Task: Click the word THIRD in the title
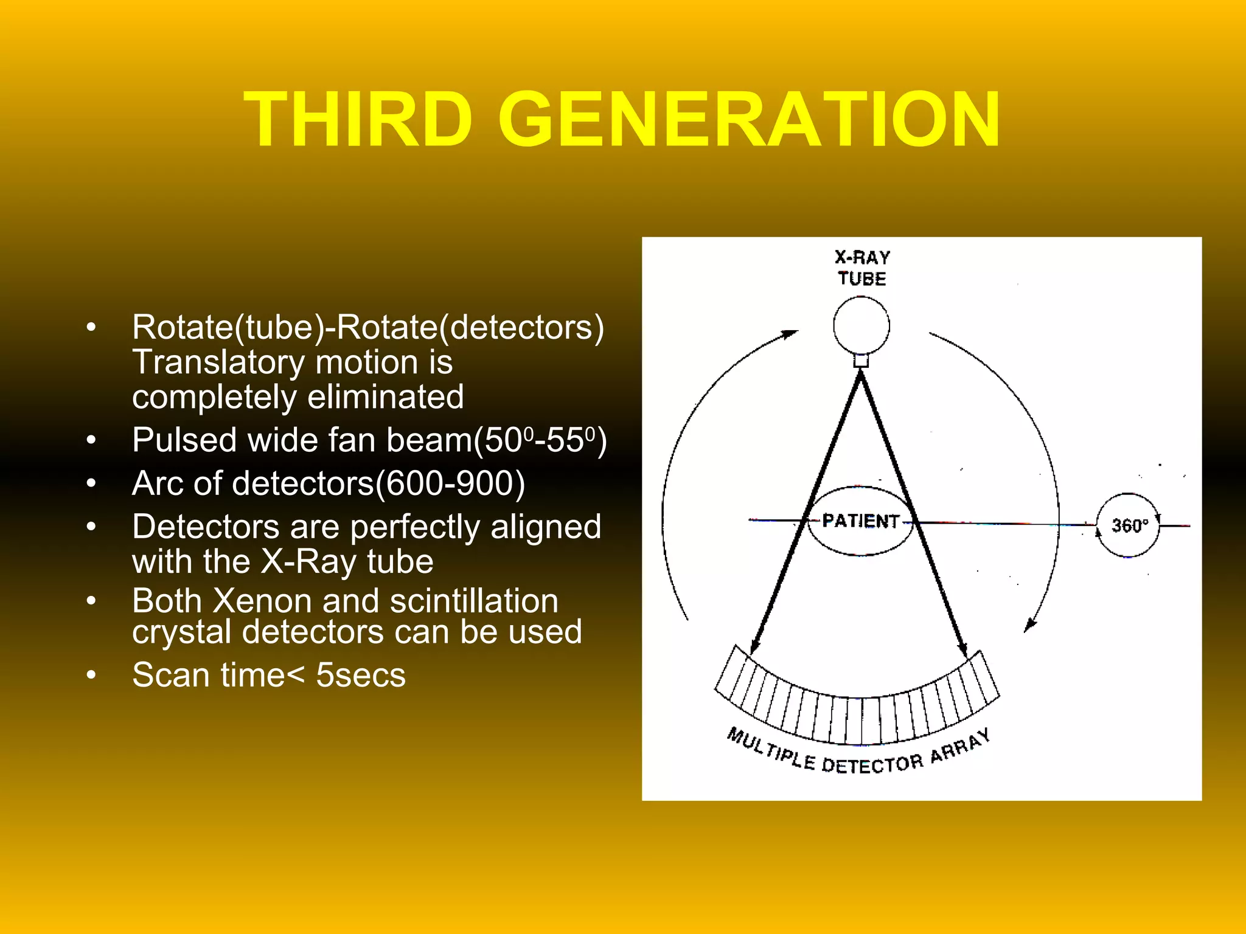[358, 119]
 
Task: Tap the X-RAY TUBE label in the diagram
[861, 268]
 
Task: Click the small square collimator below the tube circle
[861, 361]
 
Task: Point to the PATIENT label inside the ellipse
[860, 521]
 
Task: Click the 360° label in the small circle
[1129, 525]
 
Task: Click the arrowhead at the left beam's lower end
[755, 647]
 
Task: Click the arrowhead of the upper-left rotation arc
[789, 334]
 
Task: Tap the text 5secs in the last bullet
[361, 675]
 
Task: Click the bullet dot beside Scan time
[91, 675]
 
